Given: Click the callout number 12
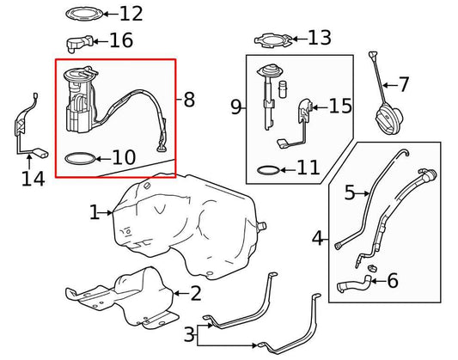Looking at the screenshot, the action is click(131, 14).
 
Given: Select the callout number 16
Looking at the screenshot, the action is click(121, 40).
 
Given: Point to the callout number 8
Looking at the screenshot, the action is click(189, 100).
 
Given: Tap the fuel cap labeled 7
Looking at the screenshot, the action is click(388, 120).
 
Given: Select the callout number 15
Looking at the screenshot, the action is click(340, 106).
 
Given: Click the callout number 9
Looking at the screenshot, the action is click(236, 107).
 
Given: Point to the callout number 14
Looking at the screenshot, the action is click(33, 179).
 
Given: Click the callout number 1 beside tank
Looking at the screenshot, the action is click(95, 212).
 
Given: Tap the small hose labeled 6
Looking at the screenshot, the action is click(354, 283).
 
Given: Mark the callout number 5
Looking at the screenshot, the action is click(350, 193).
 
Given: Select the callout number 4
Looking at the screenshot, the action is click(317, 238).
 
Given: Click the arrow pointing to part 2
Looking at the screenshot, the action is click(181, 293).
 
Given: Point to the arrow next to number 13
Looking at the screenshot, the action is click(299, 39).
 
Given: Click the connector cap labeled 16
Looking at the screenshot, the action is click(79, 43).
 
